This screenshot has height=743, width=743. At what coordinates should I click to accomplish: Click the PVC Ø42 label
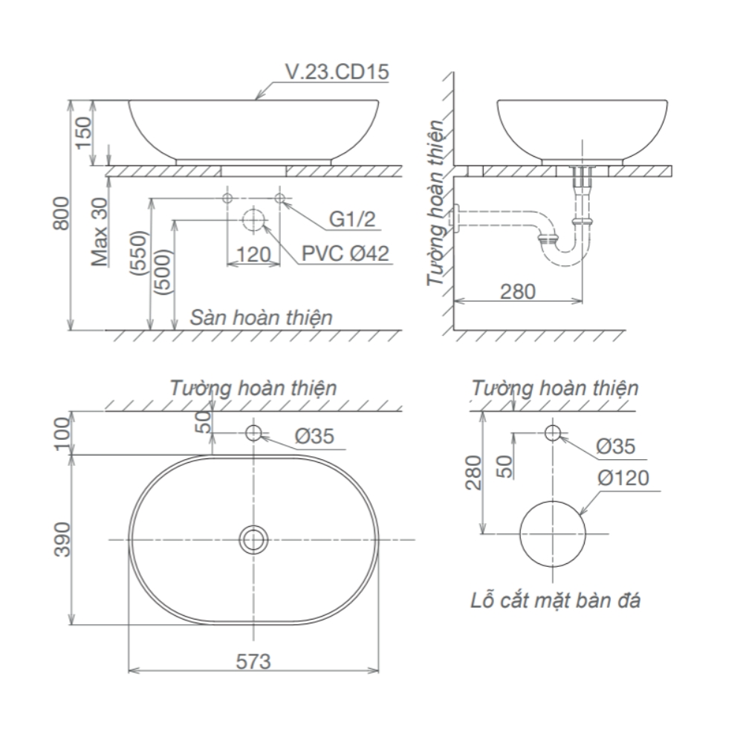click(x=345, y=253)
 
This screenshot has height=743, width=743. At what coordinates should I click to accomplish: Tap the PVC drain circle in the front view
click(x=253, y=221)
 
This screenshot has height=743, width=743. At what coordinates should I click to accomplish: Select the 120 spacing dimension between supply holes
click(x=253, y=255)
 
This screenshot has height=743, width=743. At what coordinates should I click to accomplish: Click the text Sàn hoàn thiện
click(x=260, y=317)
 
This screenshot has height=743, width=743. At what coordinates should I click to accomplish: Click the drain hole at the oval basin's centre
click(x=254, y=539)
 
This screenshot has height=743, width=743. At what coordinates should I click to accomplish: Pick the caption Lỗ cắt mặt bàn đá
click(x=556, y=600)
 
